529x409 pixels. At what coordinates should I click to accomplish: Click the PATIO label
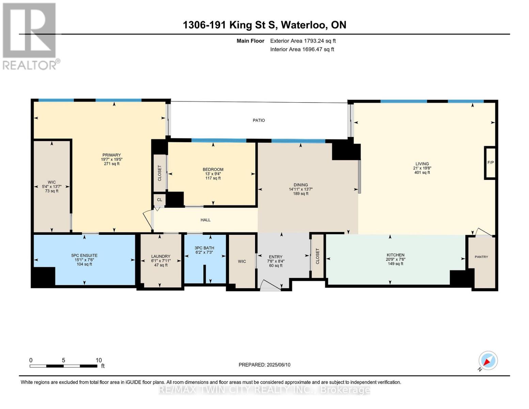click(259, 120)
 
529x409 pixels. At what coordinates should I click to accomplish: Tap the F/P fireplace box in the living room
click(490, 163)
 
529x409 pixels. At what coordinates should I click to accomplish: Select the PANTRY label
click(481, 257)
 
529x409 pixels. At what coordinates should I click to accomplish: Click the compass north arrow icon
click(488, 361)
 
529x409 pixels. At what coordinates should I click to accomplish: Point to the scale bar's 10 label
click(98, 360)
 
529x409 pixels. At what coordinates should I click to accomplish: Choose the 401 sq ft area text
click(422, 172)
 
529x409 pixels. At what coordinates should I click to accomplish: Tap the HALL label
click(205, 220)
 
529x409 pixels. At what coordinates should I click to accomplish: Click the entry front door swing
click(270, 285)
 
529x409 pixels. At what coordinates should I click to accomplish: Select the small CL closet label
click(159, 200)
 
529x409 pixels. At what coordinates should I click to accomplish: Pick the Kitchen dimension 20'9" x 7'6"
click(395, 259)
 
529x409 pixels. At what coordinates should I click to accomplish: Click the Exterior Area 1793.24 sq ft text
click(303, 41)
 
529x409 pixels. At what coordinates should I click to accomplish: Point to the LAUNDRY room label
click(161, 256)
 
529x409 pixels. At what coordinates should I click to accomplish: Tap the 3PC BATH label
click(204, 248)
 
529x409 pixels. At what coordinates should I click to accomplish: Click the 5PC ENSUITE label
click(84, 256)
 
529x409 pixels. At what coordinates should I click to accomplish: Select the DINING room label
click(301, 185)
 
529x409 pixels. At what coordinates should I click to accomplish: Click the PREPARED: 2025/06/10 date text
click(264, 365)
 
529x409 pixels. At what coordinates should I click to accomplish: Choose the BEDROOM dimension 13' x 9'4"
click(213, 174)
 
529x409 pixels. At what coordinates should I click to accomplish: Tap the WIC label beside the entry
click(242, 261)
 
